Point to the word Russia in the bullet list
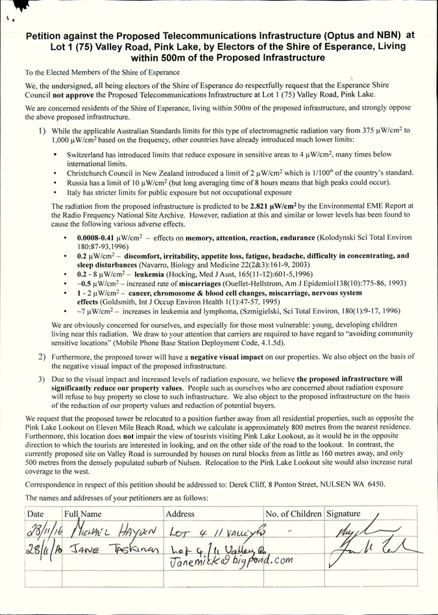79,183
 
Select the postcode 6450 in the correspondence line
373,484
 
